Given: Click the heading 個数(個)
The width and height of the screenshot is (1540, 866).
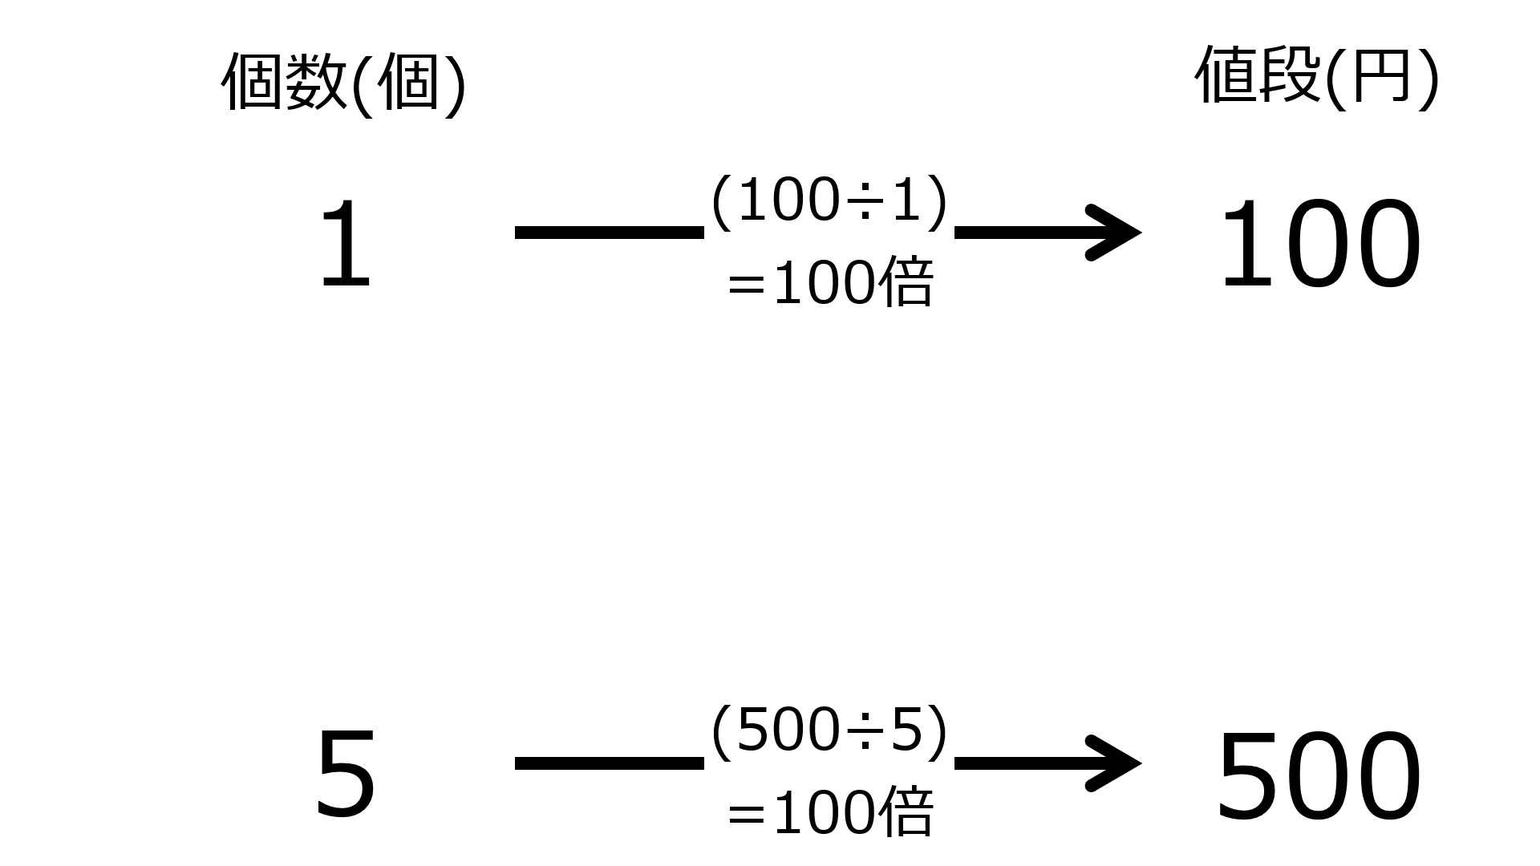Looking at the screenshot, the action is tap(343, 83).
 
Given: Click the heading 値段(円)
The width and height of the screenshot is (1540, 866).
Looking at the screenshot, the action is tap(1317, 76).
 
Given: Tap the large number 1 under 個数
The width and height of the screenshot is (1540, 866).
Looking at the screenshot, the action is tap(346, 245).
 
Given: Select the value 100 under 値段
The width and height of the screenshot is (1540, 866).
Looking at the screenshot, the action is tap(1319, 245).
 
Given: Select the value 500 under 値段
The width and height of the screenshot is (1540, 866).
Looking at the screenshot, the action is tap(1319, 775).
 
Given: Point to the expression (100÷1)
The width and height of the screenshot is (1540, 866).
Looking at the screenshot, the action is tap(829, 202).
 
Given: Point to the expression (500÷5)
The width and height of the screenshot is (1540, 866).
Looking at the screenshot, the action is tap(829, 731).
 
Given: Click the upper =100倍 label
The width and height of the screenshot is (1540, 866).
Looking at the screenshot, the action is tap(830, 284).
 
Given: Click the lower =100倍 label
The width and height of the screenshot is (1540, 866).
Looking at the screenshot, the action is tap(830, 811).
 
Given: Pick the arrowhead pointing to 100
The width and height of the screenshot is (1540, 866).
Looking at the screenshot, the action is tap(1115, 233).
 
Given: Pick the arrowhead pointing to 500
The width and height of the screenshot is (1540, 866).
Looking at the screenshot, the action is tap(1115, 763).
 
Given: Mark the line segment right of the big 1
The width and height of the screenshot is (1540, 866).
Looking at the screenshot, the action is tap(610, 233).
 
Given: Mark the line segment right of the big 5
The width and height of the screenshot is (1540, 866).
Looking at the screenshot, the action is tap(610, 763).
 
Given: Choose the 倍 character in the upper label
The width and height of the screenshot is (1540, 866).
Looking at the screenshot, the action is tap(906, 283).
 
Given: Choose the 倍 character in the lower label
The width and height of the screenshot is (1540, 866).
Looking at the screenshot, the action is tap(906, 811).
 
